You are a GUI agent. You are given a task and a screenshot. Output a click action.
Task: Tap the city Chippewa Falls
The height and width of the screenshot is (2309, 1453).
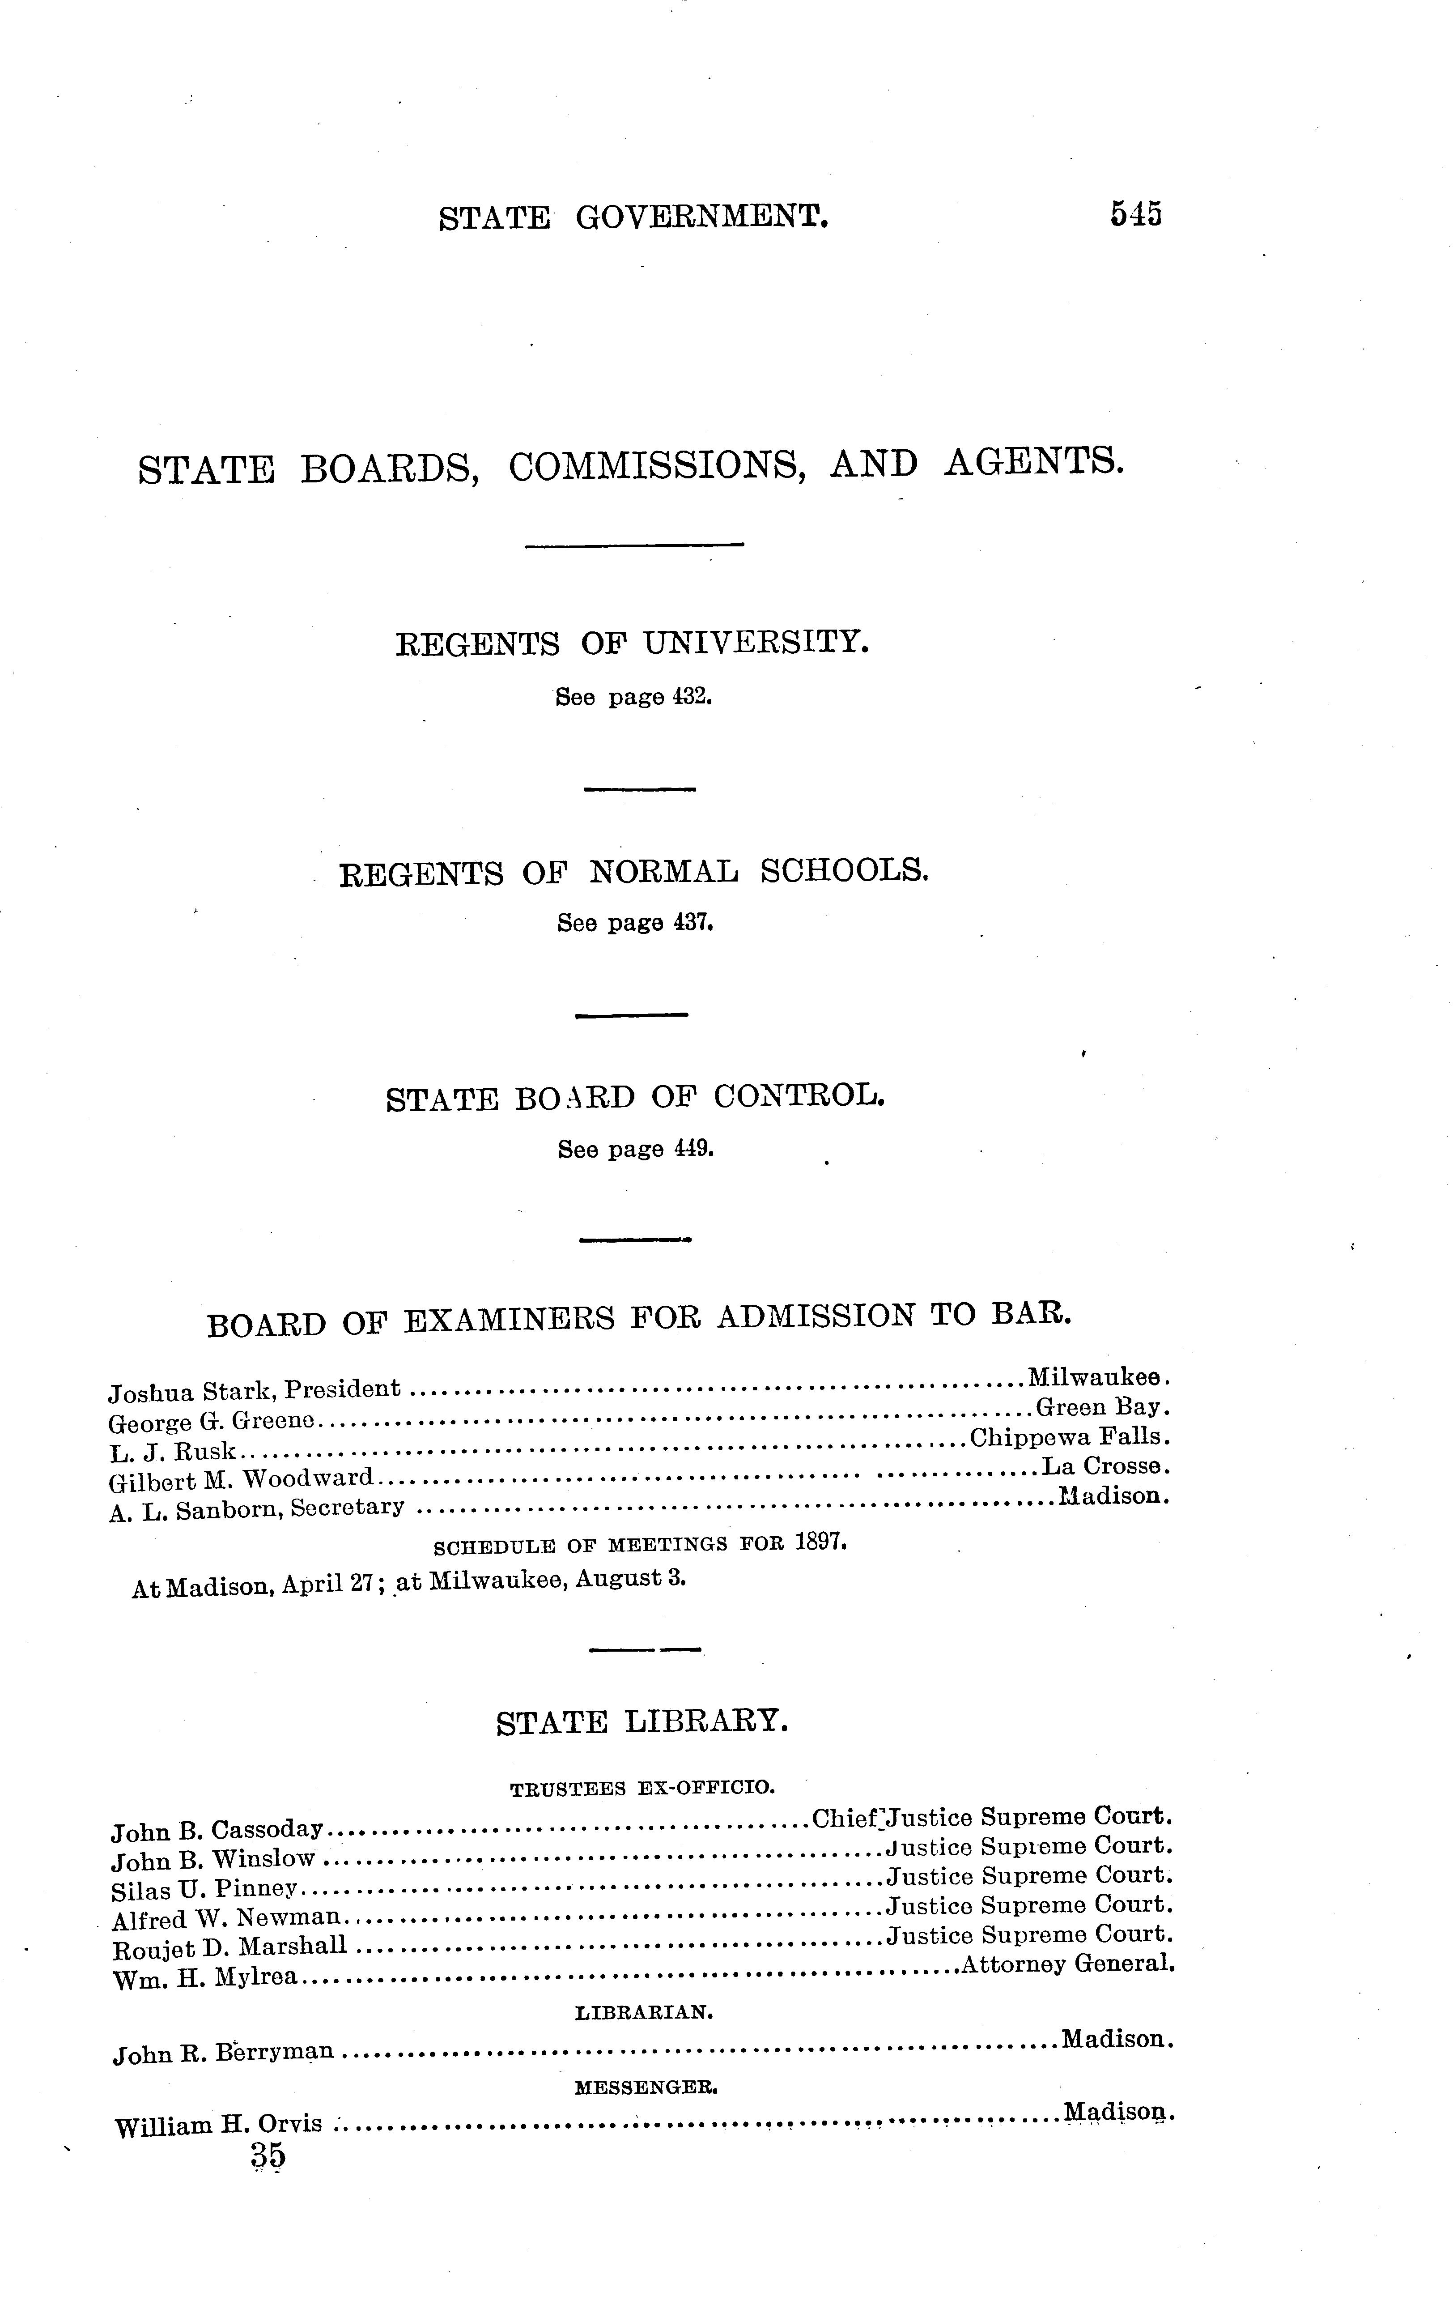tap(1071, 1437)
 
